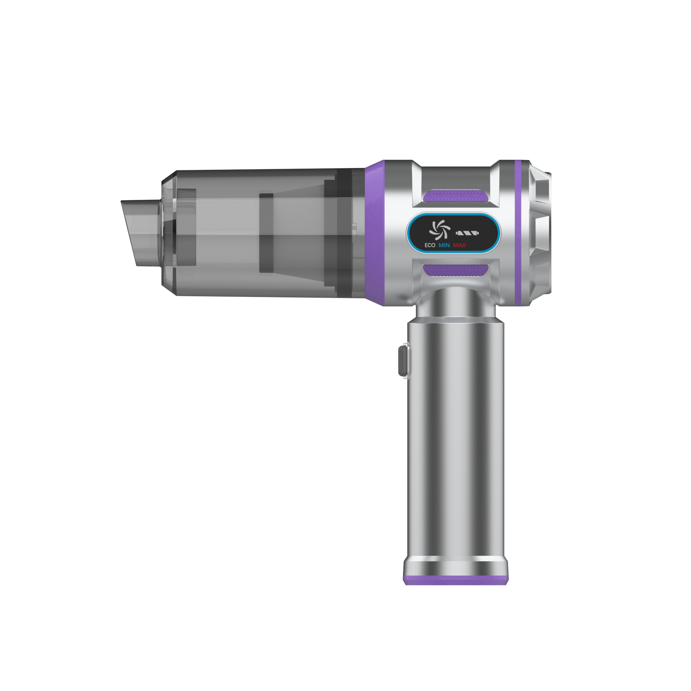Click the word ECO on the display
(430, 245)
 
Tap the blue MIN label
(444, 245)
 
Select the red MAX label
(459, 245)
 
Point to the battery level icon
(467, 233)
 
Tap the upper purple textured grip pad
(456, 196)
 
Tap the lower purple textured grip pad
(456, 270)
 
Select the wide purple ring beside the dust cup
(374, 233)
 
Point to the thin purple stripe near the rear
(518, 233)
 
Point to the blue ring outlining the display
(409, 233)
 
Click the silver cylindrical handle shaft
(456, 432)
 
